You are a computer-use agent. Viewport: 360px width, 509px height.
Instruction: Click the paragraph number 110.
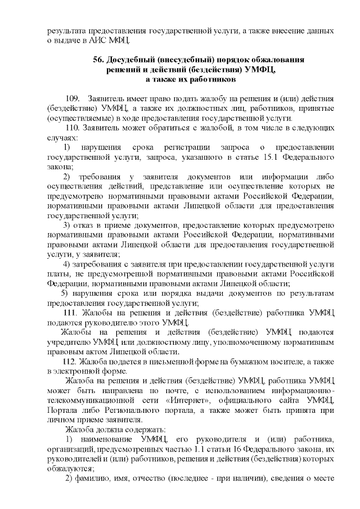click(72, 127)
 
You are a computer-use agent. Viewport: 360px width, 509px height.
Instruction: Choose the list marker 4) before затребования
click(66, 264)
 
